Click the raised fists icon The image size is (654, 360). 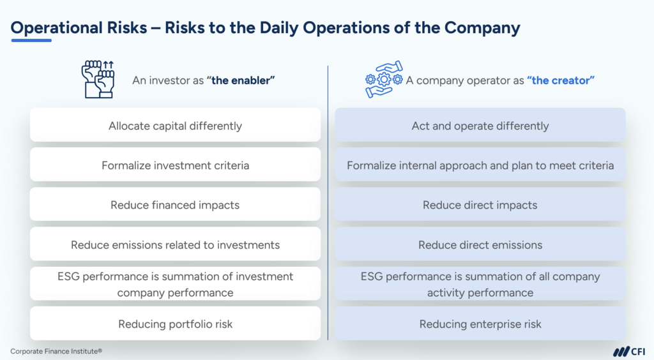click(x=98, y=79)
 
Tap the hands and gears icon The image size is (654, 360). click(x=384, y=79)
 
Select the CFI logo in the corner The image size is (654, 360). click(x=629, y=351)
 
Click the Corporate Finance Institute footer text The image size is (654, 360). click(x=56, y=351)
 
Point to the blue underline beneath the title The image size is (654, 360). click(x=31, y=40)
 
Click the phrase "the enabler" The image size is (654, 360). click(x=241, y=80)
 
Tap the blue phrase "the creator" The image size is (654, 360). click(x=561, y=80)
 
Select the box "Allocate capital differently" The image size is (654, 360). click(x=175, y=125)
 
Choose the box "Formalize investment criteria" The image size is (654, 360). click(x=175, y=165)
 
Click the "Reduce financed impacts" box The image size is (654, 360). click(x=175, y=204)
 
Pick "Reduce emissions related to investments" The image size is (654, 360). click(x=175, y=244)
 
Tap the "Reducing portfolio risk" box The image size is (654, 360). click(x=175, y=324)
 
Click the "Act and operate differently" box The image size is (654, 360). click(x=480, y=125)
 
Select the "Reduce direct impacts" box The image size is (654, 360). click(x=480, y=204)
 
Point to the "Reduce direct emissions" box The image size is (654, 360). click(x=480, y=244)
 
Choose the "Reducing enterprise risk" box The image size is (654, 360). click(x=480, y=324)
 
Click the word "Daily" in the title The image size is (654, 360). click(x=278, y=28)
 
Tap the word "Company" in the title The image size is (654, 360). click(x=482, y=28)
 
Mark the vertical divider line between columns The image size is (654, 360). click(x=328, y=203)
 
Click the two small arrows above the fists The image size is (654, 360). click(x=109, y=64)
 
